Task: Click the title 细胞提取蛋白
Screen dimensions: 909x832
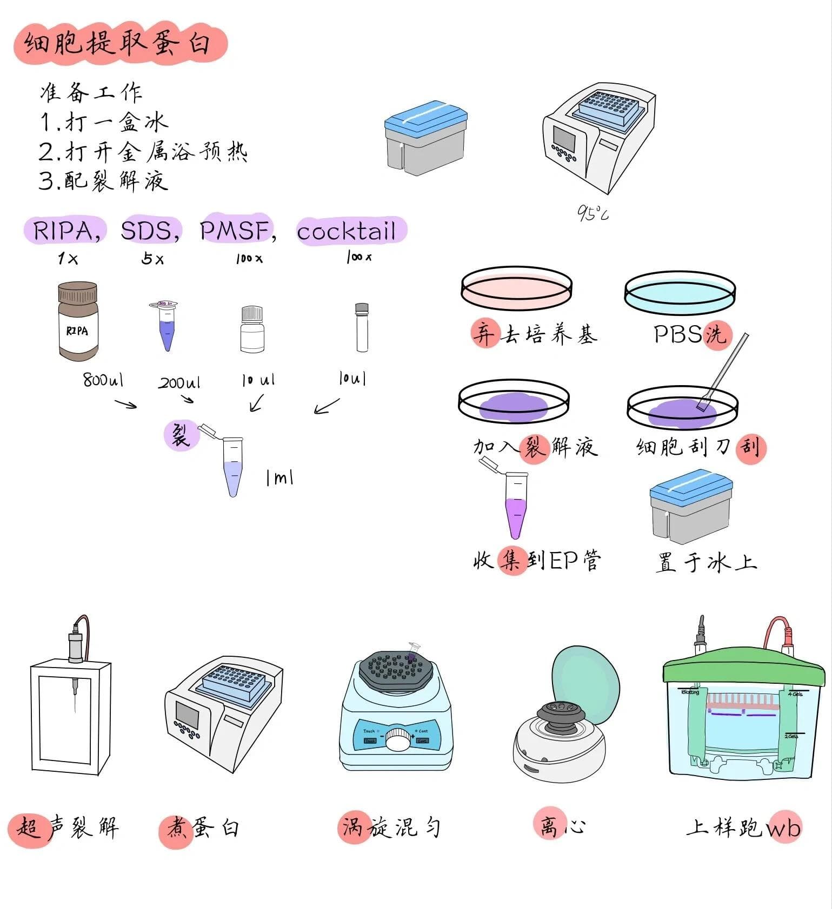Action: [x=119, y=43]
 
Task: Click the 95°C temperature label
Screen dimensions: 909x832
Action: [x=592, y=213]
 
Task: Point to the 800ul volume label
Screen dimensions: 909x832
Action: [x=103, y=380]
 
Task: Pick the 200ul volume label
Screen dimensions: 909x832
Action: [x=178, y=383]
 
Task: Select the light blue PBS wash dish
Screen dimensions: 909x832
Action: [x=680, y=292]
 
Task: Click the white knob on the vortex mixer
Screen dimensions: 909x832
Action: [x=398, y=739]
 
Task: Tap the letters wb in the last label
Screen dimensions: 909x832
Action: [x=783, y=828]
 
